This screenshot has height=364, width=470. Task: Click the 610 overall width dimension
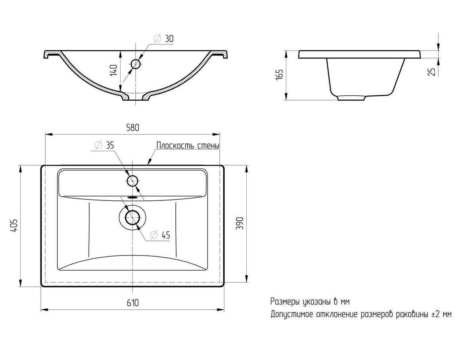click(x=132, y=303)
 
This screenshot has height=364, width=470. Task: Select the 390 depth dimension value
click(x=240, y=223)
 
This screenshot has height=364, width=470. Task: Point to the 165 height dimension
click(x=279, y=74)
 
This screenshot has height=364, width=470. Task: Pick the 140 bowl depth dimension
click(x=113, y=71)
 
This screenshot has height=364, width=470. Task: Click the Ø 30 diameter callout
click(x=163, y=38)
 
